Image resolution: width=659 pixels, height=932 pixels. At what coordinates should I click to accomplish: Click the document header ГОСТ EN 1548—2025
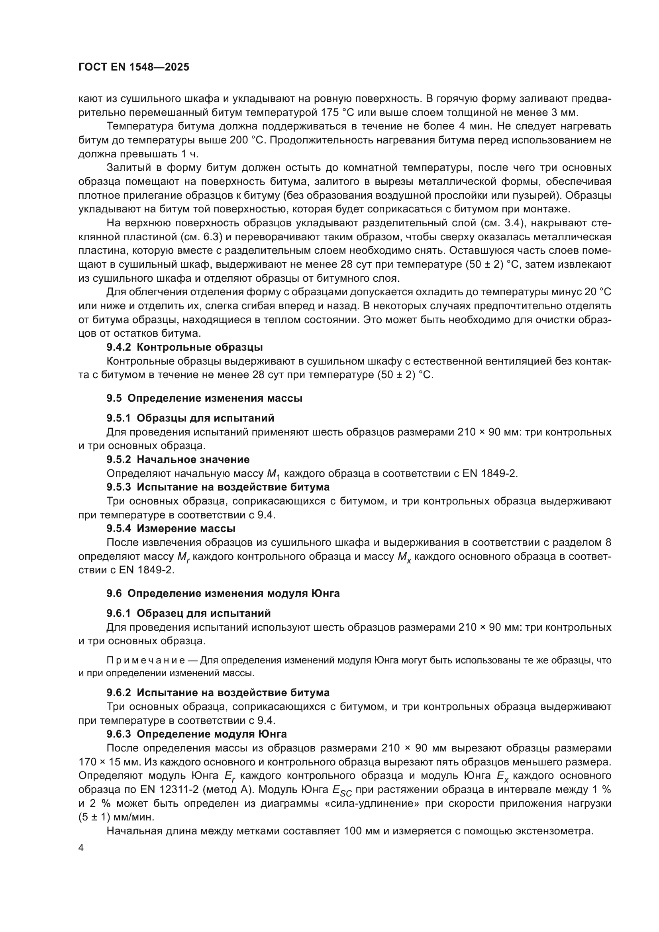(133, 67)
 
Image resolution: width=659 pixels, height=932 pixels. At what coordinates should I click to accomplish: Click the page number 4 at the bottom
(81, 848)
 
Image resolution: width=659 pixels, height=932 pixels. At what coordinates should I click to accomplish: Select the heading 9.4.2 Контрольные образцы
(184, 347)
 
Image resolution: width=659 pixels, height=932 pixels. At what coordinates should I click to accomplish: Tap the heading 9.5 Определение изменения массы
(204, 398)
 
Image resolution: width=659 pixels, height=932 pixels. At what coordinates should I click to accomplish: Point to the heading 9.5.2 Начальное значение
(178, 459)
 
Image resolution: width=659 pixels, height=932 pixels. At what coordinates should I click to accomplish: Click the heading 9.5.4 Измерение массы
(171, 528)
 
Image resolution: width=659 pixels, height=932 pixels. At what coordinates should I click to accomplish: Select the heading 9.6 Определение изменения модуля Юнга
(223, 593)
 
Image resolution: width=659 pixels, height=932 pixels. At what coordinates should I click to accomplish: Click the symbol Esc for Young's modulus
(342, 790)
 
